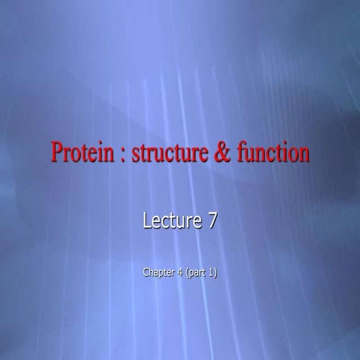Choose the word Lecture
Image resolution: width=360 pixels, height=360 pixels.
[x=169, y=221]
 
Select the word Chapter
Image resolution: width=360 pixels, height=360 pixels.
[x=158, y=272]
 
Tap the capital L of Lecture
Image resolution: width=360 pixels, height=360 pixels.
[x=146, y=221]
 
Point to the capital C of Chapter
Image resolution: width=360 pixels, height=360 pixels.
[x=145, y=272]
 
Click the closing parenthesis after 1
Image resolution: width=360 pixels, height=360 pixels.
[x=216, y=272]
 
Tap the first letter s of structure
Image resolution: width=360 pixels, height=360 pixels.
[x=136, y=154]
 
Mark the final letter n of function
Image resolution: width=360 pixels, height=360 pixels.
[x=304, y=154]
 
